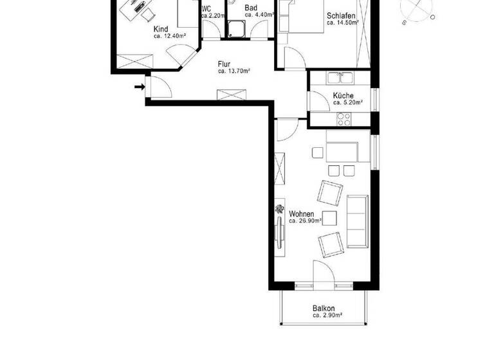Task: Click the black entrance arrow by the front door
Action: pyautogui.click(x=139, y=86)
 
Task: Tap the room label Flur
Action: pyautogui.click(x=224, y=64)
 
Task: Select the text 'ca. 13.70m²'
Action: pyautogui.click(x=234, y=71)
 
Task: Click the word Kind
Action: pyautogui.click(x=160, y=29)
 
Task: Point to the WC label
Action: pyautogui.click(x=206, y=9)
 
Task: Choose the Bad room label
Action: pyautogui.click(x=251, y=8)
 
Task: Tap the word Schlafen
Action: pyautogui.click(x=342, y=15)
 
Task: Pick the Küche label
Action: pyautogui.click(x=343, y=96)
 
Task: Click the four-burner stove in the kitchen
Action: pyautogui.click(x=343, y=118)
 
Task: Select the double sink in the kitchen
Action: pyautogui.click(x=339, y=78)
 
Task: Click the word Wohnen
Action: pyautogui.click(x=302, y=213)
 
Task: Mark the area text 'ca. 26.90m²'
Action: pyautogui.click(x=306, y=221)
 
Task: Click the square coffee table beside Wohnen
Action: pyautogui.click(x=331, y=217)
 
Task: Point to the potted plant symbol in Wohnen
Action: pyautogui.click(x=280, y=209)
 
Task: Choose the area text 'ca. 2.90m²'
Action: pyautogui.click(x=327, y=316)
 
